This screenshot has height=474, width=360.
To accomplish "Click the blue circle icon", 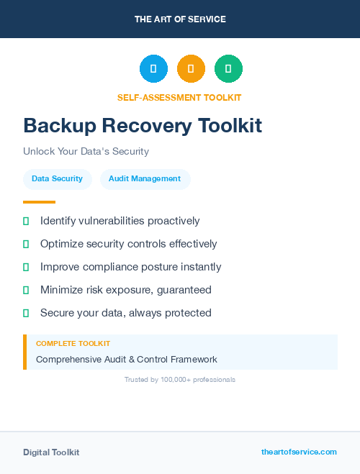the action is pyautogui.click(x=153, y=69).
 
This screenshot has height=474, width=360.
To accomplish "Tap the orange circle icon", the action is pyautogui.click(x=191, y=69).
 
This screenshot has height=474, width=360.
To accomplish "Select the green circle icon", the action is pyautogui.click(x=228, y=69).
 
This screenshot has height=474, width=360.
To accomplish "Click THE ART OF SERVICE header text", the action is pyautogui.click(x=180, y=19).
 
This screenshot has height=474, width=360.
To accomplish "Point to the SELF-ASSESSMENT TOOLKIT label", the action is pyautogui.click(x=179, y=97).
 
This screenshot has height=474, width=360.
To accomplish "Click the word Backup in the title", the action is pyautogui.click(x=59, y=126).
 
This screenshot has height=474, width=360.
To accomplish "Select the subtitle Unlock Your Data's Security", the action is pyautogui.click(x=86, y=152).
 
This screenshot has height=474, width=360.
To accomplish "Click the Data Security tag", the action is pyautogui.click(x=57, y=178).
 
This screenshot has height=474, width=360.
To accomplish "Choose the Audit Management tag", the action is pyautogui.click(x=145, y=178).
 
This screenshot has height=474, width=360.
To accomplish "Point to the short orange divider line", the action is pyautogui.click(x=39, y=202).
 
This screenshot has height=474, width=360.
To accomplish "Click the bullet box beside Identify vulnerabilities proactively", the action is pyautogui.click(x=26, y=221).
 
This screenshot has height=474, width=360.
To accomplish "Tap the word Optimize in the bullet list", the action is pyautogui.click(x=61, y=244).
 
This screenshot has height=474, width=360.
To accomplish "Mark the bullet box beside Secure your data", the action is pyautogui.click(x=26, y=313).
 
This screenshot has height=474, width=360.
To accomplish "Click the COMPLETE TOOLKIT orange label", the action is pyautogui.click(x=73, y=344).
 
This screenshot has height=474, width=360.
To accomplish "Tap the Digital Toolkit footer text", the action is pyautogui.click(x=51, y=452).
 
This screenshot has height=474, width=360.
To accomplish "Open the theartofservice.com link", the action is pyautogui.click(x=299, y=452).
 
